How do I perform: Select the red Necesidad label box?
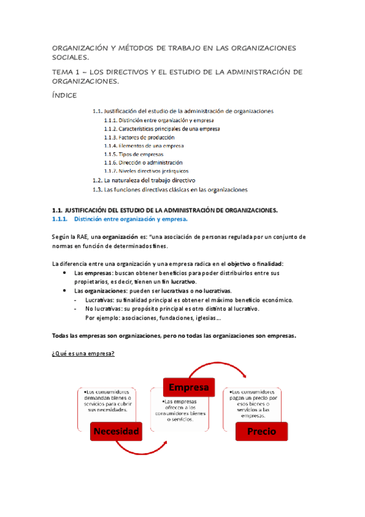(115, 432)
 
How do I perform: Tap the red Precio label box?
(261, 431)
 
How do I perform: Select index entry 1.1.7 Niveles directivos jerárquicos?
(146, 171)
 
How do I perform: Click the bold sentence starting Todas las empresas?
(175, 335)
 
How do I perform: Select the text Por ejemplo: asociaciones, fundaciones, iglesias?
(153, 318)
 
